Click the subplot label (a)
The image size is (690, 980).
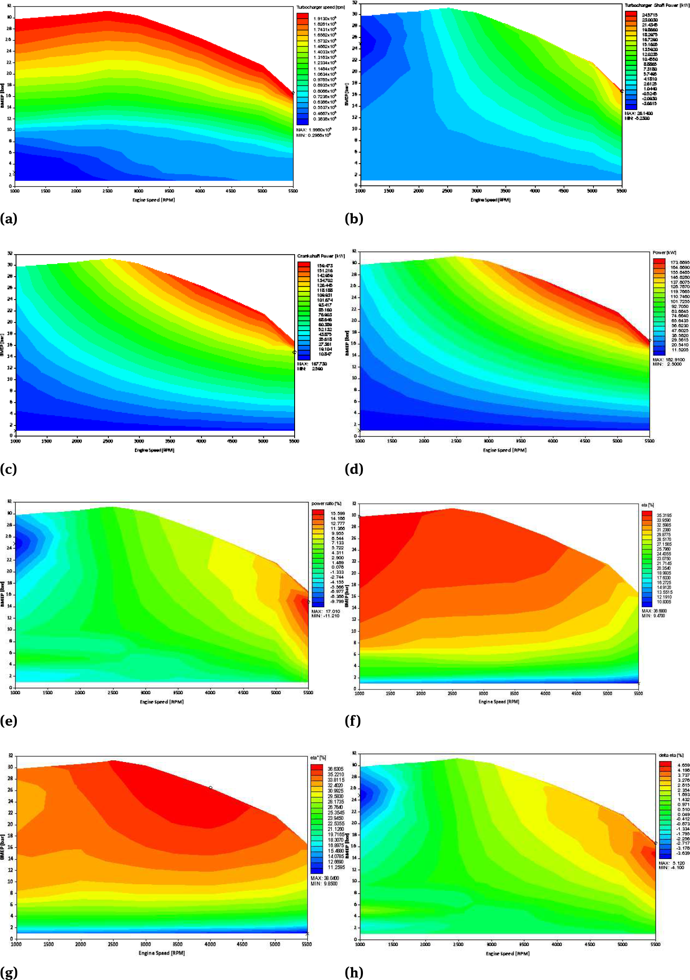(8, 218)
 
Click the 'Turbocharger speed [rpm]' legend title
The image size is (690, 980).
(320, 7)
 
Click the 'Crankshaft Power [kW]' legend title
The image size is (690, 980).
(321, 256)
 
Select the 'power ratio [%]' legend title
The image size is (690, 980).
(326, 503)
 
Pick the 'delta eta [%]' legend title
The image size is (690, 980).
(671, 755)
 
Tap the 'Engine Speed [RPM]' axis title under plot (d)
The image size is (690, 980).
(505, 450)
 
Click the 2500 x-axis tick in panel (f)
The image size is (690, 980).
(452, 693)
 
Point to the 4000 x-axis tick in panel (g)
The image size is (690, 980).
(210, 944)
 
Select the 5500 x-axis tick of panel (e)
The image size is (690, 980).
(308, 692)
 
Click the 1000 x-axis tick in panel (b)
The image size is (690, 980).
(360, 191)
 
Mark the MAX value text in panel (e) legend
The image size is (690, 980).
(326, 611)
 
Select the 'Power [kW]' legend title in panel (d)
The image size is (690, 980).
(664, 253)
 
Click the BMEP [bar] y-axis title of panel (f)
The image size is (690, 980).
(347, 595)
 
